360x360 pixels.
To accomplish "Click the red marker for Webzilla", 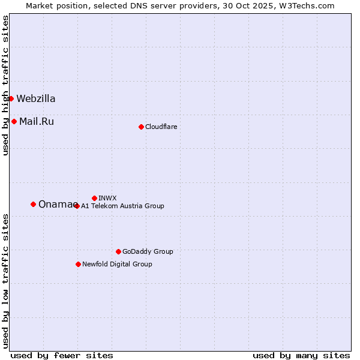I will tap(11, 98).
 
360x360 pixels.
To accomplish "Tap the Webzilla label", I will tap(36, 98).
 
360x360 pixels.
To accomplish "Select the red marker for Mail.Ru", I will tap(14, 121).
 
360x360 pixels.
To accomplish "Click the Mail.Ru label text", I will tap(37, 121).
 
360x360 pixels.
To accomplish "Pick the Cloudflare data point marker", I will tap(141, 127).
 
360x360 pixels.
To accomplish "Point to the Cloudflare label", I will tap(161, 127).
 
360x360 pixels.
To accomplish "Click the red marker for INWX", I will tap(94, 198).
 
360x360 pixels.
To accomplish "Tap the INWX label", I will tap(107, 198).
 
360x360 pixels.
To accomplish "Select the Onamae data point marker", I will tap(33, 204).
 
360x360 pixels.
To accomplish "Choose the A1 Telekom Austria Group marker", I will tap(76, 206).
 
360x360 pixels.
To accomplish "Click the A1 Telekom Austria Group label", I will tap(122, 206).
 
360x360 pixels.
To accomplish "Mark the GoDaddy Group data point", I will tap(118, 251).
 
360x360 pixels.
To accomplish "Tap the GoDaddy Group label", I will tap(148, 251).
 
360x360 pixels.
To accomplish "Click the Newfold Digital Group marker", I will tap(78, 264).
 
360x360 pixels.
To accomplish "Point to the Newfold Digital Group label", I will tap(117, 264).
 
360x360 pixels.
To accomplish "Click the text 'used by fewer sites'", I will tap(62, 355).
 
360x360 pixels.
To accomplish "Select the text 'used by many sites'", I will tap(301, 355).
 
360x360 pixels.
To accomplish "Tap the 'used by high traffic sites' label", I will tap(5, 85).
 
